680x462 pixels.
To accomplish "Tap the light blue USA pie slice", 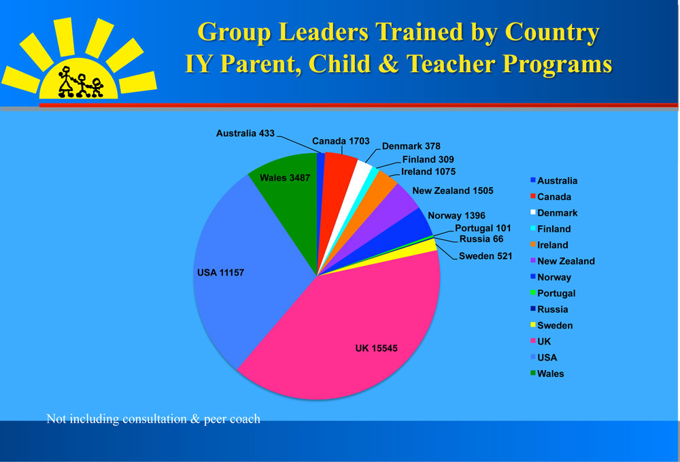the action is [x=243, y=274].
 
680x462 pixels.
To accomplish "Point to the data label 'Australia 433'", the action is [x=245, y=133].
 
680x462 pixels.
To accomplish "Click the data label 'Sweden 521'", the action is [x=486, y=256].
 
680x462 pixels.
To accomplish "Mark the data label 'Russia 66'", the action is [x=481, y=239].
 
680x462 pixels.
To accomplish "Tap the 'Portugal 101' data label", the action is [x=483, y=228].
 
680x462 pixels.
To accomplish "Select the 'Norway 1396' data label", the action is [x=456, y=216].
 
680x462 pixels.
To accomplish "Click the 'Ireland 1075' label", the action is [x=428, y=171].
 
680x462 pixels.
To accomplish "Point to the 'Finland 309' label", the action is [x=428, y=160].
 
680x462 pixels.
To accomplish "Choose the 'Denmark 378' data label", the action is [x=411, y=146].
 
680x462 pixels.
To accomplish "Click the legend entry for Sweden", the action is [x=551, y=325].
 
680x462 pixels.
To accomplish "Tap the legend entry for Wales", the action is [x=547, y=374].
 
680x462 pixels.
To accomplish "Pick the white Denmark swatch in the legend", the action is [x=533, y=212].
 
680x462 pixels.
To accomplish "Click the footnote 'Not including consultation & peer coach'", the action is [x=153, y=419].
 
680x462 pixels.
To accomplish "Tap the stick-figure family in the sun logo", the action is [x=80, y=82].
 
